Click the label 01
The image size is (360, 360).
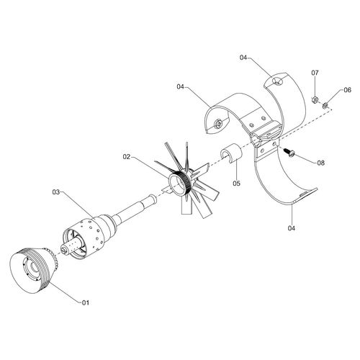[x=86, y=302]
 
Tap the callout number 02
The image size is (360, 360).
[x=127, y=157]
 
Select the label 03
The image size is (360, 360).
[x=56, y=192]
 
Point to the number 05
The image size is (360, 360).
[x=236, y=184]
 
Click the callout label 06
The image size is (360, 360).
[x=347, y=90]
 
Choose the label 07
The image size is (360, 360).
[x=315, y=73]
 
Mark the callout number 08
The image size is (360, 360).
[x=320, y=163]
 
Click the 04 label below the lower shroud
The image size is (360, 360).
[x=292, y=228]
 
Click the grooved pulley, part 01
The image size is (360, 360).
[x=33, y=270]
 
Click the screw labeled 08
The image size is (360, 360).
[x=289, y=152]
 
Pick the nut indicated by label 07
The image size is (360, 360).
[x=314, y=99]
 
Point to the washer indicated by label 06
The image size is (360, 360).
[x=325, y=105]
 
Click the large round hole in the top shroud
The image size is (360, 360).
[x=278, y=81]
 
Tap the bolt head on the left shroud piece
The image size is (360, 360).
[x=218, y=123]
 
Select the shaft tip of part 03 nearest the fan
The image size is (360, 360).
[x=153, y=199]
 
